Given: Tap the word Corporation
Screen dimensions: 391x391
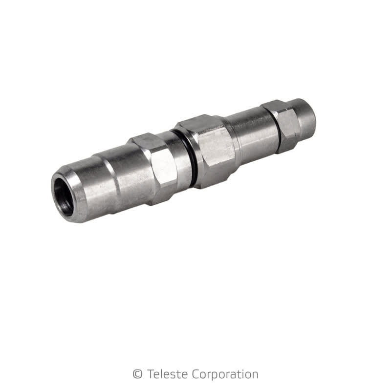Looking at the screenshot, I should tap(219, 375).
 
